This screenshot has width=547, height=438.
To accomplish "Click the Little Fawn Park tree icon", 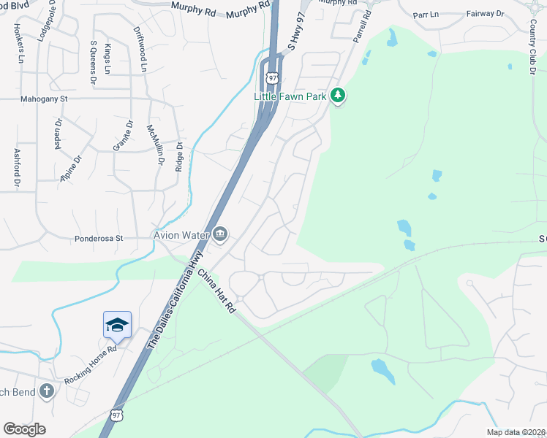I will coord(338,95).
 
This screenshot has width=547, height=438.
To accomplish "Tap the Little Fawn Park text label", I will coord(290,96).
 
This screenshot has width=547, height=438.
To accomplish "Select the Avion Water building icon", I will coord(219,234).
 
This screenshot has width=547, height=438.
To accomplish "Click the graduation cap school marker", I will coord(117,325).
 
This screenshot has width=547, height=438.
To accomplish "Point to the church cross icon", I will coord(47,391).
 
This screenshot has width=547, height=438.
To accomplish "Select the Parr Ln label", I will coord(426,14).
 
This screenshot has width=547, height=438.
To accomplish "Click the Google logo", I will coord(24,429).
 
